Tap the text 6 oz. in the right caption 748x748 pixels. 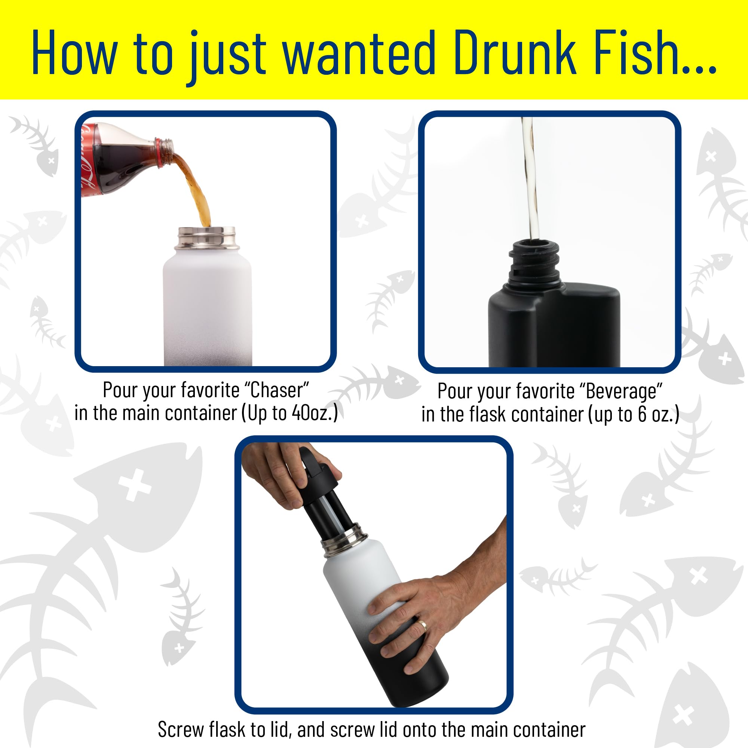658,414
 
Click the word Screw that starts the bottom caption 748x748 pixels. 180,730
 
